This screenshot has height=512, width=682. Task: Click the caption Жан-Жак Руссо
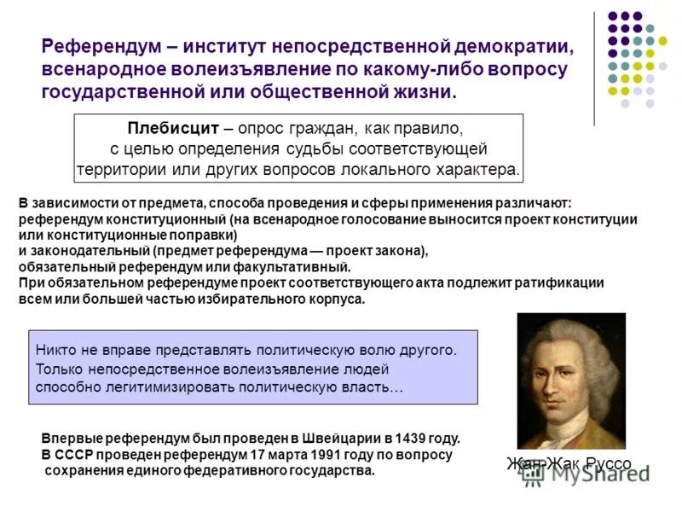(569, 463)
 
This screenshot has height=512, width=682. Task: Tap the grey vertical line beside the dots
(594, 68)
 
